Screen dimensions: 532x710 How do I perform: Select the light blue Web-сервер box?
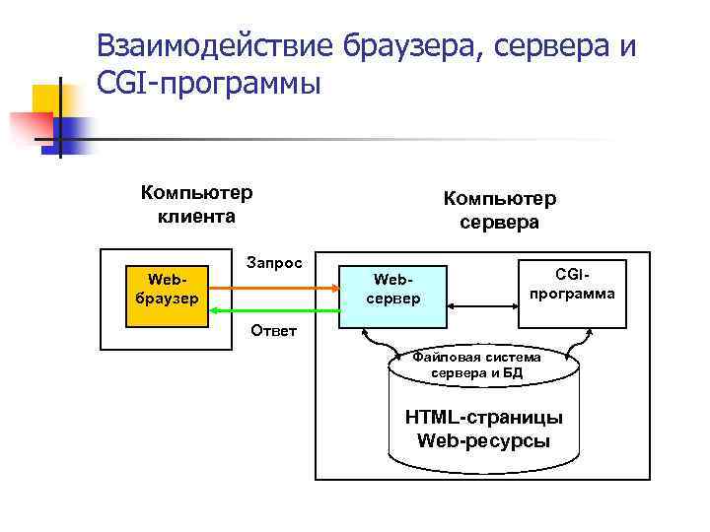tap(392, 289)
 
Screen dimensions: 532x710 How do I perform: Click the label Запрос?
tap(277, 264)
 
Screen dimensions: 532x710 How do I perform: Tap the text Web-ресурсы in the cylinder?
tap(483, 440)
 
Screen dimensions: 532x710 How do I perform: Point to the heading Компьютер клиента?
tap(196, 203)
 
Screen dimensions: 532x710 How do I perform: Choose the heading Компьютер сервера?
tap(499, 210)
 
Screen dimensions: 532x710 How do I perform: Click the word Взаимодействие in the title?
tap(216, 45)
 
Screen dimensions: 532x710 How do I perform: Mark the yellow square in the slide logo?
tap(49, 100)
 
